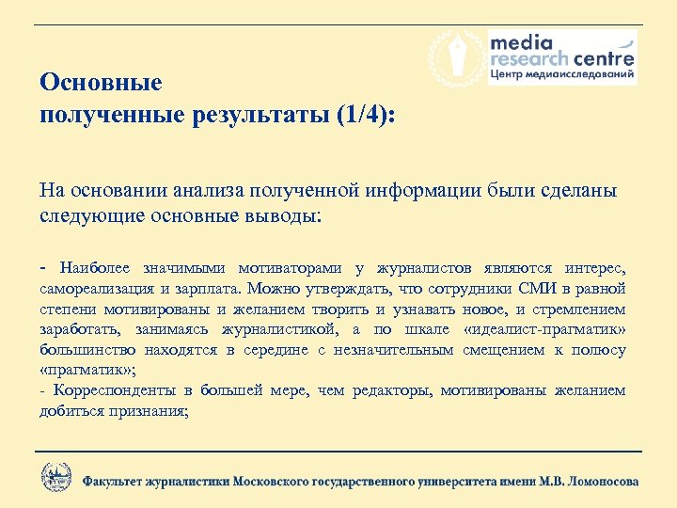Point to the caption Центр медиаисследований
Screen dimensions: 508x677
(x=561, y=74)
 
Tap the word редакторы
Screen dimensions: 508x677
(x=391, y=390)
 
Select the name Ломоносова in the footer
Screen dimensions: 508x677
(x=599, y=481)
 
